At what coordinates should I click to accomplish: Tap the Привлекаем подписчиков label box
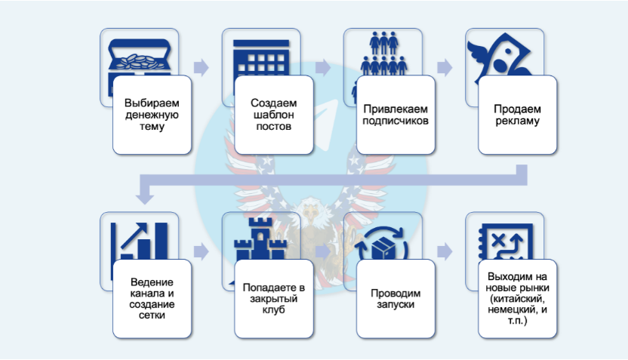(x=396, y=114)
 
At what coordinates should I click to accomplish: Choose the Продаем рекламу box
(x=517, y=114)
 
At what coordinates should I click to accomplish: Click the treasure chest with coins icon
(x=139, y=53)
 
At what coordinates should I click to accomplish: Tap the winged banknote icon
(x=503, y=51)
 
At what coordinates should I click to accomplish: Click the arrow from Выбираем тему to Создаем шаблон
(x=201, y=67)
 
